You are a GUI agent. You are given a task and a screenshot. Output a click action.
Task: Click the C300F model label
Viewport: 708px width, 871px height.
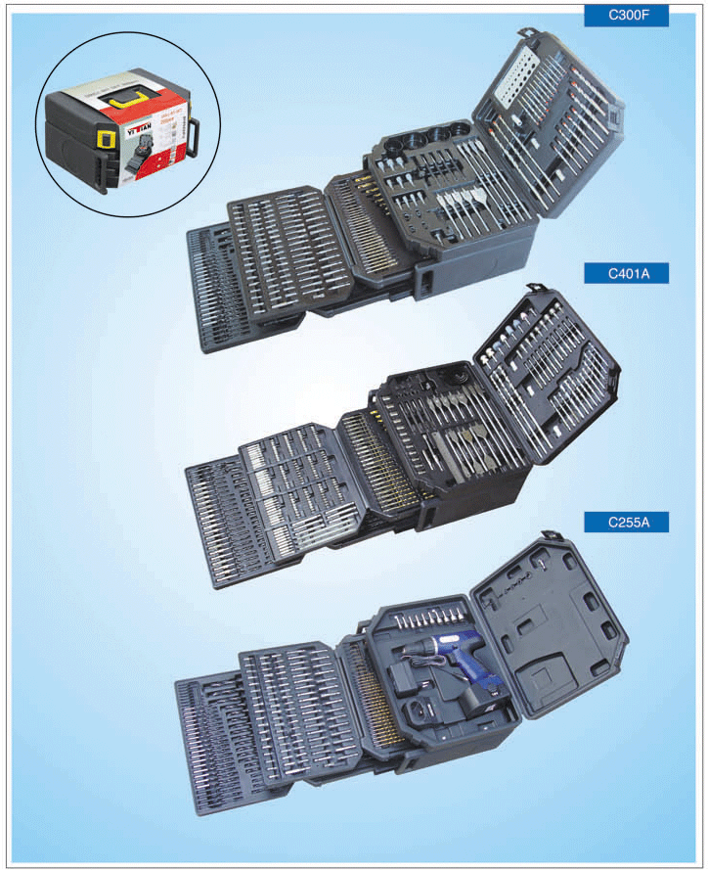(626, 16)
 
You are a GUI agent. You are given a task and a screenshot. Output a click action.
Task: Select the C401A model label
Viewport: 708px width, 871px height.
(626, 273)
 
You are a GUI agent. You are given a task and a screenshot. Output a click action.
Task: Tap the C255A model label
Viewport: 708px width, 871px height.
(626, 523)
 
